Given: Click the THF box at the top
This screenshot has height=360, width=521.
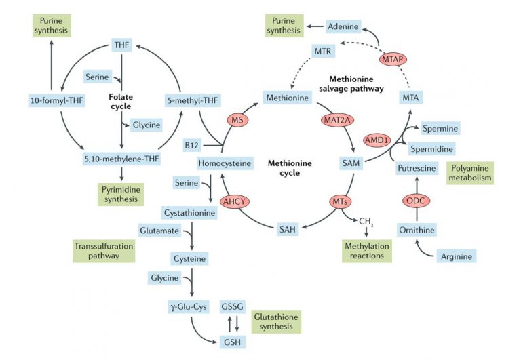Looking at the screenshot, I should (x=121, y=46).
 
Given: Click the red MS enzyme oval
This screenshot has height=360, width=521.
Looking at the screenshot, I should (x=237, y=120).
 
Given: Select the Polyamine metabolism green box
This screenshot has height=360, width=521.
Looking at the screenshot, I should (x=469, y=173).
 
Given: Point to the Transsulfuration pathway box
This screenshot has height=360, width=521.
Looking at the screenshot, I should (x=103, y=250).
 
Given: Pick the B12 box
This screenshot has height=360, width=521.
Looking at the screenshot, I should (x=192, y=145).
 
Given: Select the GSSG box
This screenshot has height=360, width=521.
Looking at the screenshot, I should (x=232, y=307).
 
